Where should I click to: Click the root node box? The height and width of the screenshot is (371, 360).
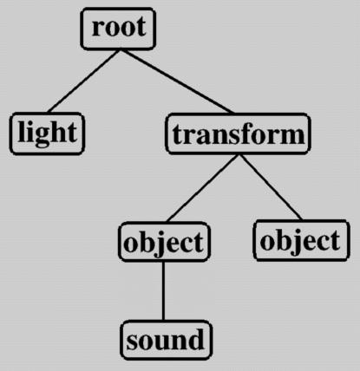[x=118, y=29]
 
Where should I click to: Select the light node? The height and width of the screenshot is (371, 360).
[x=47, y=133]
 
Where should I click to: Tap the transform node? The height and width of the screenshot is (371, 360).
[x=239, y=133]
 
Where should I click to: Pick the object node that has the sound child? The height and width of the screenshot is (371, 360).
[x=164, y=242]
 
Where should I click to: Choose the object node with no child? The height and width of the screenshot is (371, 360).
[x=302, y=240]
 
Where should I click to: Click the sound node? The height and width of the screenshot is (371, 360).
[x=166, y=340]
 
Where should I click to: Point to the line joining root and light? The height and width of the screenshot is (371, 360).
[x=83, y=81]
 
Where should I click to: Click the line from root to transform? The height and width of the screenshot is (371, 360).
[x=178, y=81]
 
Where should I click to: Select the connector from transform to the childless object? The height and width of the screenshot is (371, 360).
[x=272, y=187]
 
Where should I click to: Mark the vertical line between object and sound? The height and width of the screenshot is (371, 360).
[x=163, y=291]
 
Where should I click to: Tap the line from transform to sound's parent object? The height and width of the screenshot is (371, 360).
[x=203, y=188]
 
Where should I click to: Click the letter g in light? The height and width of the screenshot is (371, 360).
[x=43, y=135]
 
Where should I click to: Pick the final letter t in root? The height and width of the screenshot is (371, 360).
[x=141, y=28]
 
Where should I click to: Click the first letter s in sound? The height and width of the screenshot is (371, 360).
[x=132, y=342]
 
